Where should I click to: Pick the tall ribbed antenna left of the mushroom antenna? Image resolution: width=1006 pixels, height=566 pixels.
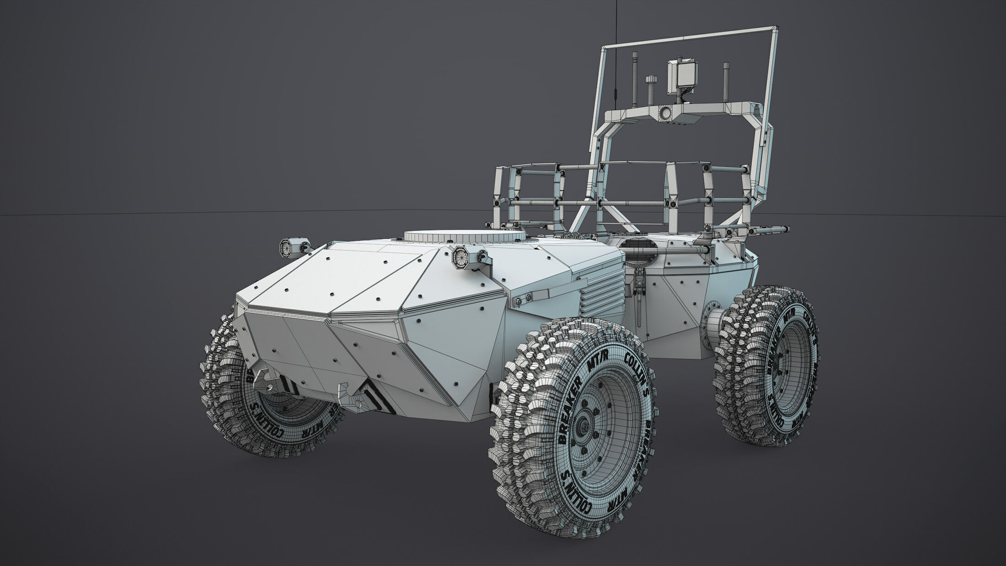(634, 82)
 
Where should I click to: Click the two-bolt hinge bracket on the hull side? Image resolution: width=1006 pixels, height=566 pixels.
(523, 299)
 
